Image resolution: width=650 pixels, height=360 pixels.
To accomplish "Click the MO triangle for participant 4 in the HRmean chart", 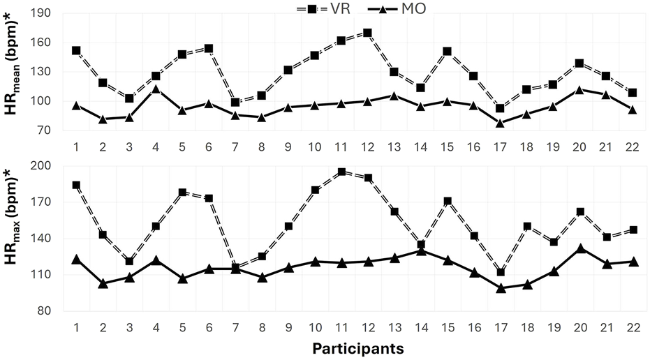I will tap(156, 89).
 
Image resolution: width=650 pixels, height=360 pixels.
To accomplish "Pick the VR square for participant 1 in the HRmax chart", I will tap(76, 186).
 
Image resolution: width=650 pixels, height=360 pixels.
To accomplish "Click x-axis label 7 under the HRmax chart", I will tap(235, 327).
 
